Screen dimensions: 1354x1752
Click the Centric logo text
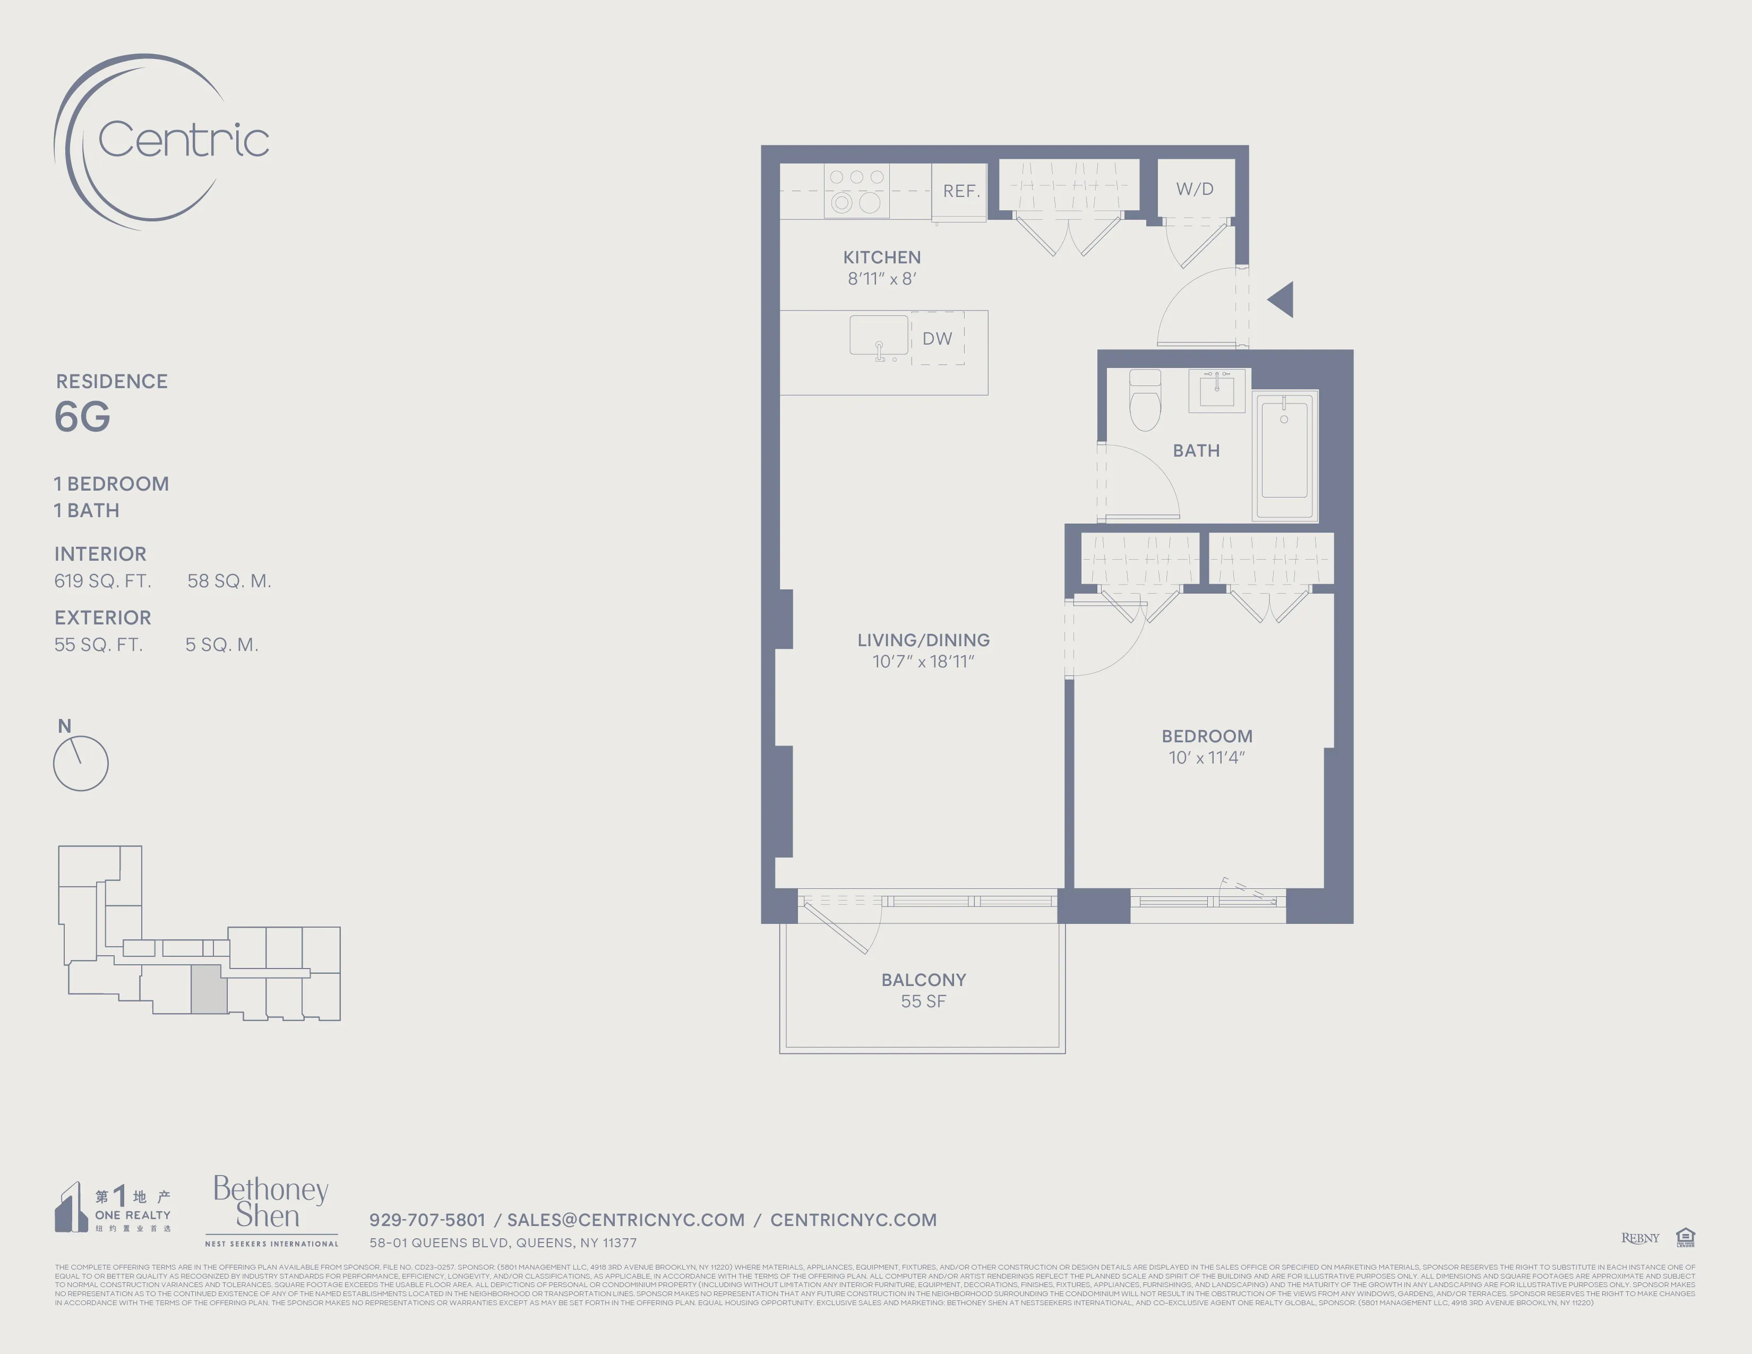click(x=183, y=140)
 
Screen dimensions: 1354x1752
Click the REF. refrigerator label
click(x=961, y=191)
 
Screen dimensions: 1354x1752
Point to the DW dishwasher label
click(x=937, y=339)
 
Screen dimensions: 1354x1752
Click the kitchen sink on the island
click(x=879, y=335)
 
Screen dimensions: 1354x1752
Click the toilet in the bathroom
click(x=1145, y=399)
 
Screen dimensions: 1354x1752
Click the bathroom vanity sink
click(x=1216, y=390)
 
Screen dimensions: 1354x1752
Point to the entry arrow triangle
click(x=1282, y=299)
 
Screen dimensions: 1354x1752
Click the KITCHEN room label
click(x=882, y=258)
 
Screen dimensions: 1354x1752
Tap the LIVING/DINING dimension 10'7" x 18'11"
click(x=923, y=662)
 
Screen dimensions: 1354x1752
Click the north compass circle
click(x=81, y=763)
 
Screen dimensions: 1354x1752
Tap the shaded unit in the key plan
click(x=209, y=990)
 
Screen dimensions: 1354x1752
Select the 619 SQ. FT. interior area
click(x=102, y=581)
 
